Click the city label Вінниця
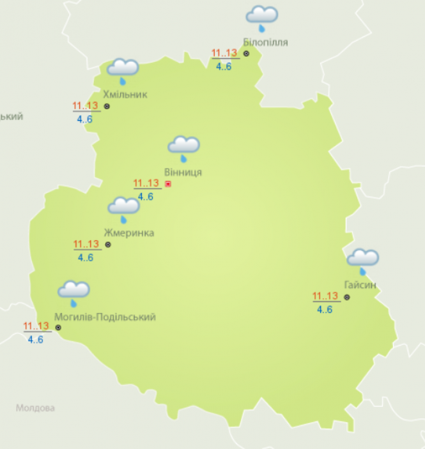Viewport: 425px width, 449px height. tap(183, 172)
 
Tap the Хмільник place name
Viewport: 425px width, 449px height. tap(125, 95)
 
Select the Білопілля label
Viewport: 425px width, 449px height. tap(265, 42)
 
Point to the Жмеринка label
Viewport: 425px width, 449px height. tap(128, 232)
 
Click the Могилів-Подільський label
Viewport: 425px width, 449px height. tap(105, 317)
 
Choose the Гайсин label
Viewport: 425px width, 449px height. tap(359, 285)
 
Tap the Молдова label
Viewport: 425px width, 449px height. tap(35, 407)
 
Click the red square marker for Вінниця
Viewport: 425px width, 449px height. tap(168, 184)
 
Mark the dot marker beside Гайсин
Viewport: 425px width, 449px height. tap(347, 297)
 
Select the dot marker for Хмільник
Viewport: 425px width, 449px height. tap(107, 106)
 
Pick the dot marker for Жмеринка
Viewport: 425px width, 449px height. tap(107, 244)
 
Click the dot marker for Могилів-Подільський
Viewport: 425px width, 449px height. tap(58, 327)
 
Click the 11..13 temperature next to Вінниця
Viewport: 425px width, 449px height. tap(146, 183)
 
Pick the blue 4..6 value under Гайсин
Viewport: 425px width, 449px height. tap(325, 310)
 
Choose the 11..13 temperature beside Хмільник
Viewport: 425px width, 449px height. tap(85, 106)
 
